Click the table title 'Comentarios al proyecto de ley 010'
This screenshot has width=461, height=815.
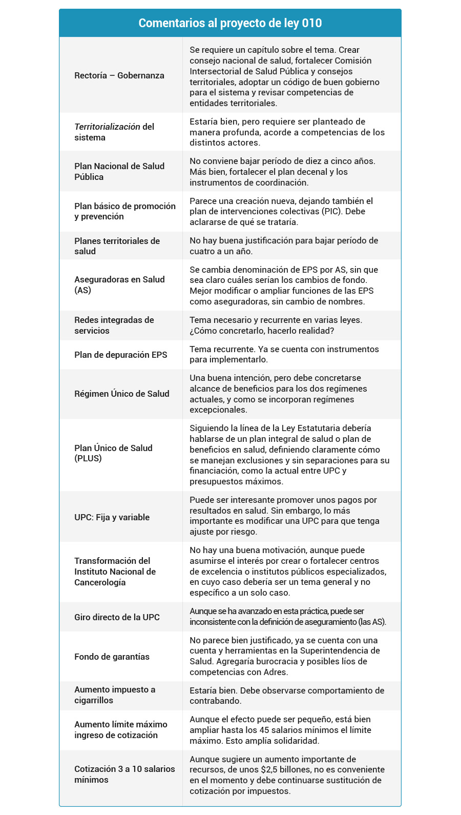pos(230,23)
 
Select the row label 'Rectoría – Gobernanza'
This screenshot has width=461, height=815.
pos(119,75)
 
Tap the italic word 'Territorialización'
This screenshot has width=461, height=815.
pos(107,127)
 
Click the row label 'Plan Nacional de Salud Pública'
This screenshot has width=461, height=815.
pos(119,171)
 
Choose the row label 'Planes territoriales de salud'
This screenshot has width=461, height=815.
pos(117,246)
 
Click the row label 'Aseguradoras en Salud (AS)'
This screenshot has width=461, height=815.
pos(119,284)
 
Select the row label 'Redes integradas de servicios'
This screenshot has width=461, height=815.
pos(114,325)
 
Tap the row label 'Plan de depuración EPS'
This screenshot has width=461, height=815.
pos(120,355)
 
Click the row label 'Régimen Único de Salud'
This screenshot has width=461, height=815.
pos(121,394)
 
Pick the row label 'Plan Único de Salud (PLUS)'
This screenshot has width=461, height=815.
pos(113,453)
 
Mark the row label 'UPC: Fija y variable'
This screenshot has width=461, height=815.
pos(112,517)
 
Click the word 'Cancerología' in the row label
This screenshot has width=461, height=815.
pos(100,582)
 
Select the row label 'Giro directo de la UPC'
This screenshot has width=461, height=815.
pos(117,617)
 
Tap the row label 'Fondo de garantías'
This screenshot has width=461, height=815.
pos(112,657)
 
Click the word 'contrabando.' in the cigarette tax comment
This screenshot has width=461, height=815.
pos(215,701)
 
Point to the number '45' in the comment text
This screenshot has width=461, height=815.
pos(265,730)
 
